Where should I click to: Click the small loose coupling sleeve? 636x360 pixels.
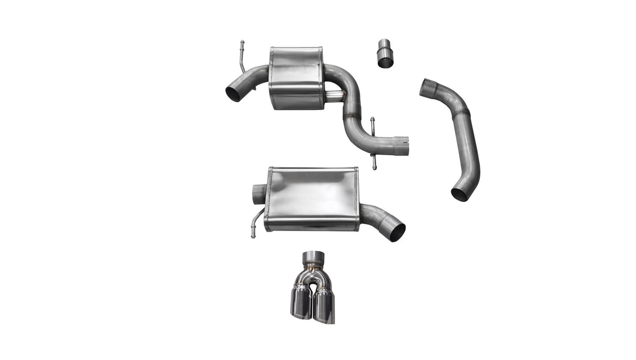385,53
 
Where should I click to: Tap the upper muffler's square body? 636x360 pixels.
296,79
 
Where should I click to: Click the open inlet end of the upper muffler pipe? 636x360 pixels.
234,93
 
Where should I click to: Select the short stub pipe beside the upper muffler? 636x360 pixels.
334,96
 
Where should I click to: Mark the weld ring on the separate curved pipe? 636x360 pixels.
460,113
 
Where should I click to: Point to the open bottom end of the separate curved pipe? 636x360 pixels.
459,194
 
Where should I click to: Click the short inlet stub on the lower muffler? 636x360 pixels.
259,194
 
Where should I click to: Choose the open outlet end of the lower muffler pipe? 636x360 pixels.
397,232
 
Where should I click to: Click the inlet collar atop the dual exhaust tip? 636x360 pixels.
313,258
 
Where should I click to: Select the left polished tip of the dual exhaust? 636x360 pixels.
301,302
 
